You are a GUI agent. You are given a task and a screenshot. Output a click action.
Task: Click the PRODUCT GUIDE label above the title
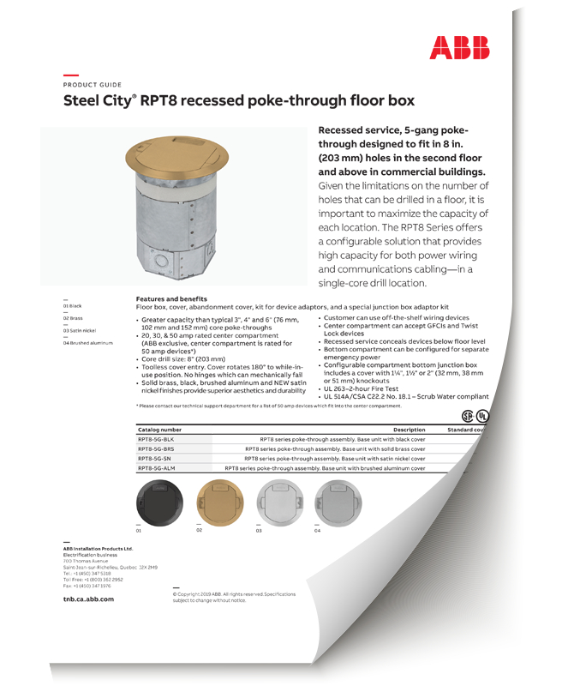(93, 85)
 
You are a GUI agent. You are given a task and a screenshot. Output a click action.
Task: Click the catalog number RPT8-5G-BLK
(158, 439)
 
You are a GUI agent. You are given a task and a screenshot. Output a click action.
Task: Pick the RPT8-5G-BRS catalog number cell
(158, 448)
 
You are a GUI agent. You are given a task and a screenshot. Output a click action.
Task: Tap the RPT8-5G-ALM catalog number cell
(158, 469)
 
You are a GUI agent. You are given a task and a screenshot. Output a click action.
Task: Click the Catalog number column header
(159, 430)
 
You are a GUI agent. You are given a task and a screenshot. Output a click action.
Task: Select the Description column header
(409, 430)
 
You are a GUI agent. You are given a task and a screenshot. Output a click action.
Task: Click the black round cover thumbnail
(159, 501)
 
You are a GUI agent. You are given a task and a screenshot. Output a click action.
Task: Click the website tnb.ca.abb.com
(88, 599)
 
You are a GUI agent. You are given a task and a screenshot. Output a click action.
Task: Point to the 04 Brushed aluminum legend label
(88, 342)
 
